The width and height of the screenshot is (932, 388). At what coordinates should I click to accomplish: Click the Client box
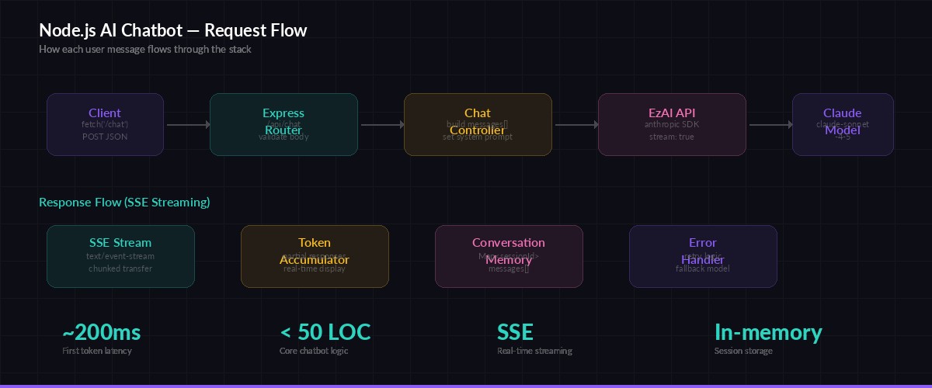click(x=105, y=124)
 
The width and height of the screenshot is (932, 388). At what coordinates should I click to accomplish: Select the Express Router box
click(x=283, y=124)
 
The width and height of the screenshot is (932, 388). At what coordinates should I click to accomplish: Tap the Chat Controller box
click(x=478, y=124)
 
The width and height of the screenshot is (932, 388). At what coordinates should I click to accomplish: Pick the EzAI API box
click(x=672, y=124)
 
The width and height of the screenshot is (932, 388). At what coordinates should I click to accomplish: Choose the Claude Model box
click(x=843, y=124)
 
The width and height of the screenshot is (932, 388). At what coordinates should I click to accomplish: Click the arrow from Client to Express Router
click(x=187, y=124)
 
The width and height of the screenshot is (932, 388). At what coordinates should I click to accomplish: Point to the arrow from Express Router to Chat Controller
click(x=381, y=124)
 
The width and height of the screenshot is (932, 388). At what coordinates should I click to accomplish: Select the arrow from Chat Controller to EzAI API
click(x=576, y=124)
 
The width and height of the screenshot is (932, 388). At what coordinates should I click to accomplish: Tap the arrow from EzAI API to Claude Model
click(x=770, y=124)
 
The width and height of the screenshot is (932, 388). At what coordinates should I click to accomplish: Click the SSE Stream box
click(x=120, y=256)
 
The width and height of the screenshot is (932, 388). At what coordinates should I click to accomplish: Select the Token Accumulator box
click(x=315, y=256)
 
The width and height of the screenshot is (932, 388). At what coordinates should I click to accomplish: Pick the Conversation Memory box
click(x=509, y=256)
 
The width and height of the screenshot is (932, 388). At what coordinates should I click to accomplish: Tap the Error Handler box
click(x=703, y=256)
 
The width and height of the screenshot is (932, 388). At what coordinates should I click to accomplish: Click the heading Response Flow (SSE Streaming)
click(x=124, y=203)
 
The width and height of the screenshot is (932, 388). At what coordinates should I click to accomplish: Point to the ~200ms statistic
click(x=102, y=333)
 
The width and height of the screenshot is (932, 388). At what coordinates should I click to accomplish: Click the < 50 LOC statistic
click(x=325, y=333)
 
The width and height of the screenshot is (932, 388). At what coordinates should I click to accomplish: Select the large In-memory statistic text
click(x=767, y=333)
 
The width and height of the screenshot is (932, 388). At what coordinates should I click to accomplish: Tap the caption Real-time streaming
click(x=534, y=351)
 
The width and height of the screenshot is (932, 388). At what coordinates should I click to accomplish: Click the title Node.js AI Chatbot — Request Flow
click(x=172, y=30)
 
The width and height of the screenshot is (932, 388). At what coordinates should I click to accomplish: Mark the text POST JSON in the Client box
click(x=105, y=137)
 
